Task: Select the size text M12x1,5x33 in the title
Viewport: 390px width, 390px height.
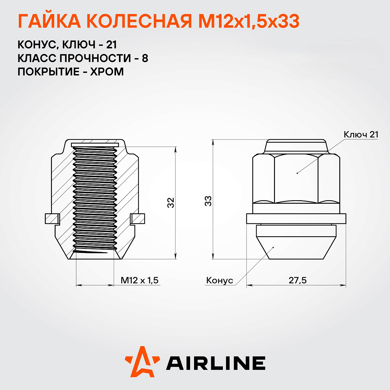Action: click(249, 22)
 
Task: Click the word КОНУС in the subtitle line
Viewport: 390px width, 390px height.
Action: click(36, 45)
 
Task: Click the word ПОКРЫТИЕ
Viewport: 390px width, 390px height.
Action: click(47, 71)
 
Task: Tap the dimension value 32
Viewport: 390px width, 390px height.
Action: click(171, 202)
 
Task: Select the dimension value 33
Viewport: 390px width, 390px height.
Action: click(208, 201)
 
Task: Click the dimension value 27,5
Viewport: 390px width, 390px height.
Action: click(297, 280)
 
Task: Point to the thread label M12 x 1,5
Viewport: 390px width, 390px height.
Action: click(139, 280)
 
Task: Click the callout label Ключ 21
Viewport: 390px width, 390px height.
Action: click(361, 135)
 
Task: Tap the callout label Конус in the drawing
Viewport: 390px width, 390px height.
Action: click(220, 280)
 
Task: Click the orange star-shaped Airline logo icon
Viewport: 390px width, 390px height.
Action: click(142, 362)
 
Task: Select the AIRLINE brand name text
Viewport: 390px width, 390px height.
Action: click(216, 363)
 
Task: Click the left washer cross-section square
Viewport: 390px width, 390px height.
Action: click(52, 218)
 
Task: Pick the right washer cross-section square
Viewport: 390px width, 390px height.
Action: click(138, 218)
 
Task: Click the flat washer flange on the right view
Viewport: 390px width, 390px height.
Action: click(296, 218)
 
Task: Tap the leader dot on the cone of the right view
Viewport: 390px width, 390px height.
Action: click(273, 247)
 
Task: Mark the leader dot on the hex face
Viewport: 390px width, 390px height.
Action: click(297, 173)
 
